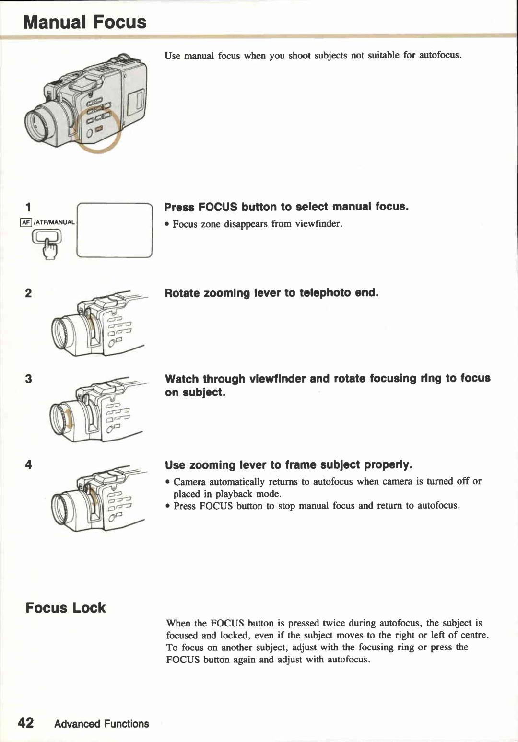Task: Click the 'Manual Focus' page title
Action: coord(84,22)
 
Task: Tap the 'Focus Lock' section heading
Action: coord(65,608)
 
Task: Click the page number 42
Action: coord(25,723)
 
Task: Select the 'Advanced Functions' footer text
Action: coord(101,724)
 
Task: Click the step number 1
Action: coord(28,207)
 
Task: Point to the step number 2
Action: coord(28,293)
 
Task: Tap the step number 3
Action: coord(28,379)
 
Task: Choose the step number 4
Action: coord(28,464)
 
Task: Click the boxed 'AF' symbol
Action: coord(26,222)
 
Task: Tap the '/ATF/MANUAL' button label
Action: coord(54,222)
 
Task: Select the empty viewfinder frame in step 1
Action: coord(114,231)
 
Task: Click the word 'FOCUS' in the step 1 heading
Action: coord(218,207)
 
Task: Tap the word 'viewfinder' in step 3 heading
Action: coord(277,379)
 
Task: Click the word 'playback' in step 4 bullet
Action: coord(234,494)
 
